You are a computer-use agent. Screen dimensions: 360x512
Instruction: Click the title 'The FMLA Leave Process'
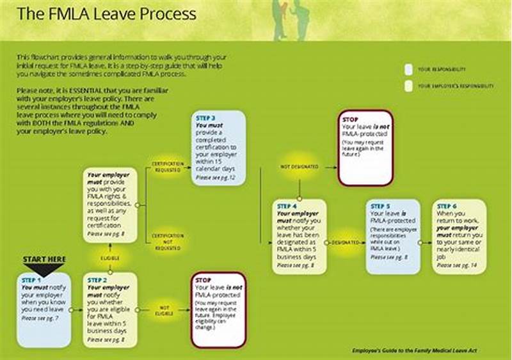(106, 14)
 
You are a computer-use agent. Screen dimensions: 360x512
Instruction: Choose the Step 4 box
(299, 237)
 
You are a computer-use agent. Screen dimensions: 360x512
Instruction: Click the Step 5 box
(393, 237)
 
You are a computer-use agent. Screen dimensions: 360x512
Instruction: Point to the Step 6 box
(458, 237)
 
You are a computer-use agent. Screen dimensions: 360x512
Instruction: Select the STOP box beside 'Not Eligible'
(219, 309)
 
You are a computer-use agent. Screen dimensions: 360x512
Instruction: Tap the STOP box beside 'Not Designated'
(365, 148)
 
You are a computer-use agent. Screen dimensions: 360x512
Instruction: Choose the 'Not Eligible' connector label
(164, 311)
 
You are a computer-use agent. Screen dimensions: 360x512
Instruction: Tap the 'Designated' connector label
(346, 243)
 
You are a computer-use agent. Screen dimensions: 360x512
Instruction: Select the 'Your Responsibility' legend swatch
(408, 69)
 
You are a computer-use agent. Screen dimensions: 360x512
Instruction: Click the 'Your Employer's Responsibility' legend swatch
(408, 86)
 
